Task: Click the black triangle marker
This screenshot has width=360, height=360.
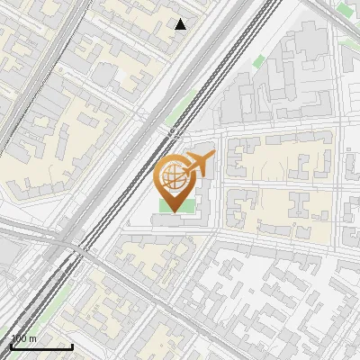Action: coord(181,24)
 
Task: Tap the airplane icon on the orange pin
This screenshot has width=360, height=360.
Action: coord(198,166)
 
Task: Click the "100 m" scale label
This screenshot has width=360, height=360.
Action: coord(24,338)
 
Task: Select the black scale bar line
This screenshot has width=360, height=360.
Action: coord(41,346)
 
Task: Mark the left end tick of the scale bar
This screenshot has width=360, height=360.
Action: coord(11,344)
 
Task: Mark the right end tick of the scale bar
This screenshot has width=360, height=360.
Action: coord(72,344)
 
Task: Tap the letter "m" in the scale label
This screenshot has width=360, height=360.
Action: coord(33,338)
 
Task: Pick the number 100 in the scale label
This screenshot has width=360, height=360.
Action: coord(20,338)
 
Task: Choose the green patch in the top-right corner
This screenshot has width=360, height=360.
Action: coord(345,11)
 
